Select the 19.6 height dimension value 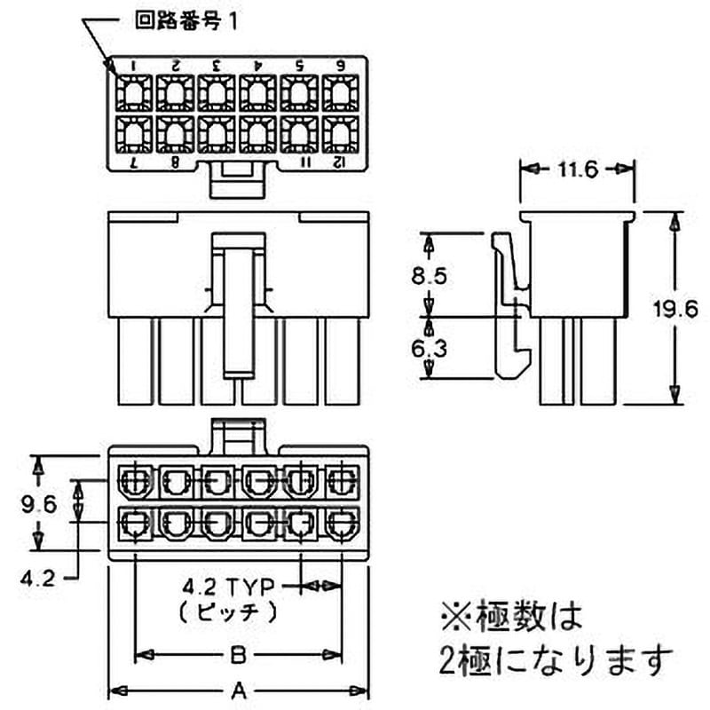(x=675, y=309)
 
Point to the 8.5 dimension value (x=429, y=276)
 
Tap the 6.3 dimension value (x=429, y=348)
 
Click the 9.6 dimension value (x=39, y=504)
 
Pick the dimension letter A (x=238, y=691)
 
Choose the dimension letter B (x=238, y=655)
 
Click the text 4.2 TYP (x=229, y=587)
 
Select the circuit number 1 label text (x=186, y=20)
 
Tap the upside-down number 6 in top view (x=341, y=65)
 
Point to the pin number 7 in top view (x=134, y=162)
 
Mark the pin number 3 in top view (x=216, y=65)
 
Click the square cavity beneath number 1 (x=134, y=93)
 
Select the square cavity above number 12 (x=341, y=135)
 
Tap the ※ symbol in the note (x=456, y=615)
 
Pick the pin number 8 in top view (x=175, y=162)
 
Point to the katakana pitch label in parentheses (x=228, y=612)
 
